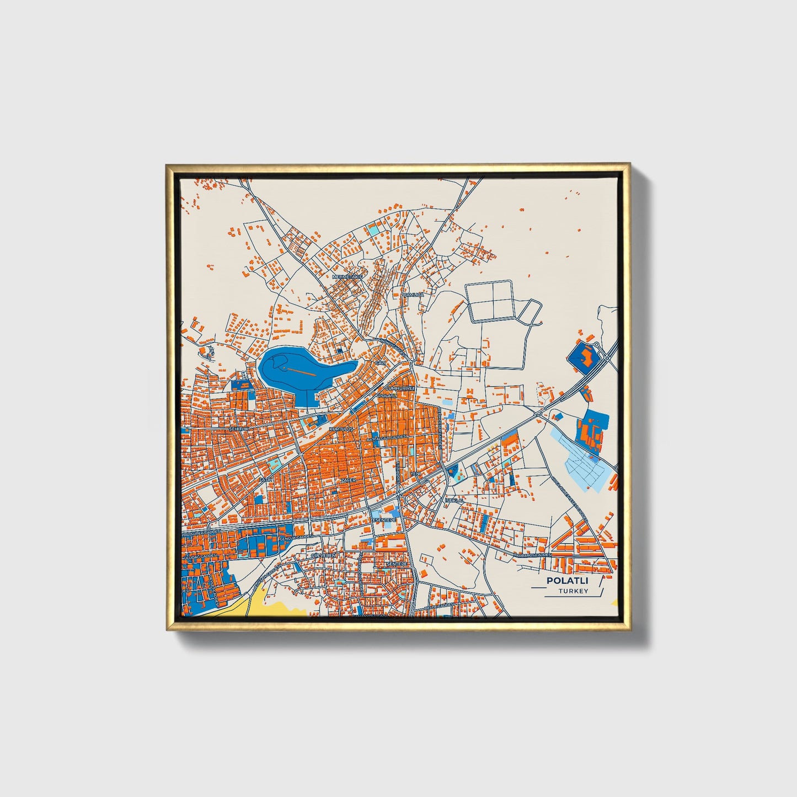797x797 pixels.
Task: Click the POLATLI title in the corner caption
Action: coord(567,581)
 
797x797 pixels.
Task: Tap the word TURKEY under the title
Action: coord(573,591)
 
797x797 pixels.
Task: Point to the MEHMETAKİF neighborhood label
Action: coord(347,276)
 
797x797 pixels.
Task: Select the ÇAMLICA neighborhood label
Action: coord(414,295)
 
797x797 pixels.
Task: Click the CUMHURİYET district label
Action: coord(400,388)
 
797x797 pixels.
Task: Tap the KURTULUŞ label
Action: coord(340,429)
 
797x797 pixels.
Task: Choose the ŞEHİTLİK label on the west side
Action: coord(239,429)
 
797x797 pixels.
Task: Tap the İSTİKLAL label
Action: coord(454,500)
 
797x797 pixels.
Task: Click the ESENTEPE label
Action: coord(384,520)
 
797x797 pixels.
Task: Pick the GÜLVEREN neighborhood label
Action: coord(323,555)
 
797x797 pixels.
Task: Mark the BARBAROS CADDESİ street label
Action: coord(533,555)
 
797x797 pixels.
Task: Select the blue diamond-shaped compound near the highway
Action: coord(585,357)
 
